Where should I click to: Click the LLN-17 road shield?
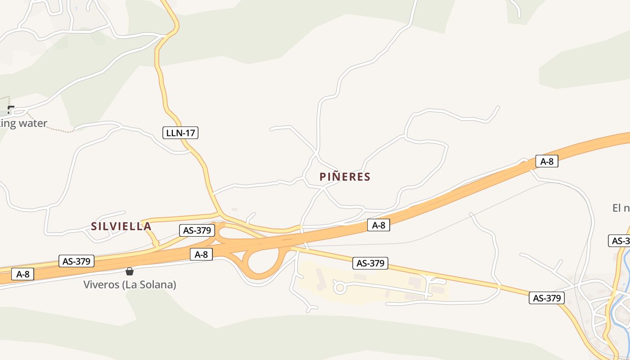click(180, 133)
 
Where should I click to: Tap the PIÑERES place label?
click(345, 177)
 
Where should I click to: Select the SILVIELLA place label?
click(121, 226)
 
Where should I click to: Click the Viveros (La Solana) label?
click(130, 285)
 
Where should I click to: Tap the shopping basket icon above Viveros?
click(130, 271)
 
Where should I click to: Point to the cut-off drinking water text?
click(23, 123)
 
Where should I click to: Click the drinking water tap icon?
click(11, 109)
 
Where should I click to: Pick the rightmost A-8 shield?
click(547, 162)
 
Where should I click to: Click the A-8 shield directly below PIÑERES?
click(378, 225)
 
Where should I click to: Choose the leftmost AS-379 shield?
click(77, 261)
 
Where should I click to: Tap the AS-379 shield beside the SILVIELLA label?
click(197, 230)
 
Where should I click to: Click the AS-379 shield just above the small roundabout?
click(370, 263)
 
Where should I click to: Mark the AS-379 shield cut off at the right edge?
click(620, 241)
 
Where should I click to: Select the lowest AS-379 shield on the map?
click(547, 298)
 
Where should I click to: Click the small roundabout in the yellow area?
click(339, 287)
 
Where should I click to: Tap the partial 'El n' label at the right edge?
click(621, 208)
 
